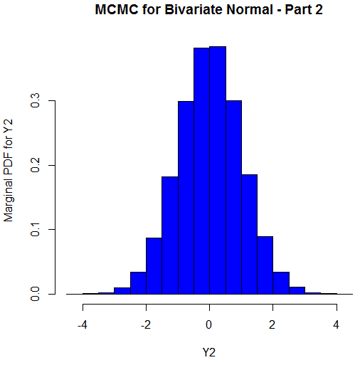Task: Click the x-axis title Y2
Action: click(x=209, y=351)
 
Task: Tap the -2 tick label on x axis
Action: click(x=145, y=325)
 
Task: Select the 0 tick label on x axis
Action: click(x=209, y=325)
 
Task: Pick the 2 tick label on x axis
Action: click(x=272, y=325)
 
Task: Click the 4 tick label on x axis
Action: click(x=336, y=325)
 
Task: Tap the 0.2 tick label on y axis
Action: click(x=34, y=166)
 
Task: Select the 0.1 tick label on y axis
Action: click(x=34, y=230)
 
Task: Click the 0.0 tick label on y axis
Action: click(x=34, y=294)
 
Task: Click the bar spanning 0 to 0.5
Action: click(x=217, y=171)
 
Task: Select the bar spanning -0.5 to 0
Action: click(x=201, y=171)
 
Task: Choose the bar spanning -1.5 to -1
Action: click(x=169, y=236)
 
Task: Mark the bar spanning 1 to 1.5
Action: click(x=249, y=234)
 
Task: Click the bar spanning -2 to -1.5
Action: click(x=154, y=266)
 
